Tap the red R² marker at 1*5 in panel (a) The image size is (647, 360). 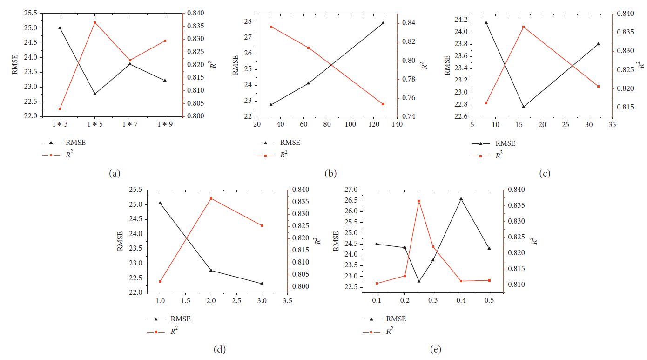click(x=95, y=22)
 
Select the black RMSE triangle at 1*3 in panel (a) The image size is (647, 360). click(x=60, y=28)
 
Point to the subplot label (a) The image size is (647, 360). click(x=115, y=174)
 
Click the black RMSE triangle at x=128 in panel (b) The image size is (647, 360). click(x=383, y=23)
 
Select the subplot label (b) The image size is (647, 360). click(x=330, y=174)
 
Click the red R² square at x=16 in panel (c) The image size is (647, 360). click(x=523, y=27)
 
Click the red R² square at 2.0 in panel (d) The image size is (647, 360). click(x=211, y=198)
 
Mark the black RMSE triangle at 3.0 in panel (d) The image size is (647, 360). click(x=262, y=283)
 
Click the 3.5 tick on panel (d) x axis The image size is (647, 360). click(x=288, y=301)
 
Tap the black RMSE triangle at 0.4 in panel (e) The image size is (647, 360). click(x=461, y=199)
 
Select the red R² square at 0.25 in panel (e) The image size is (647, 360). click(x=419, y=201)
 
